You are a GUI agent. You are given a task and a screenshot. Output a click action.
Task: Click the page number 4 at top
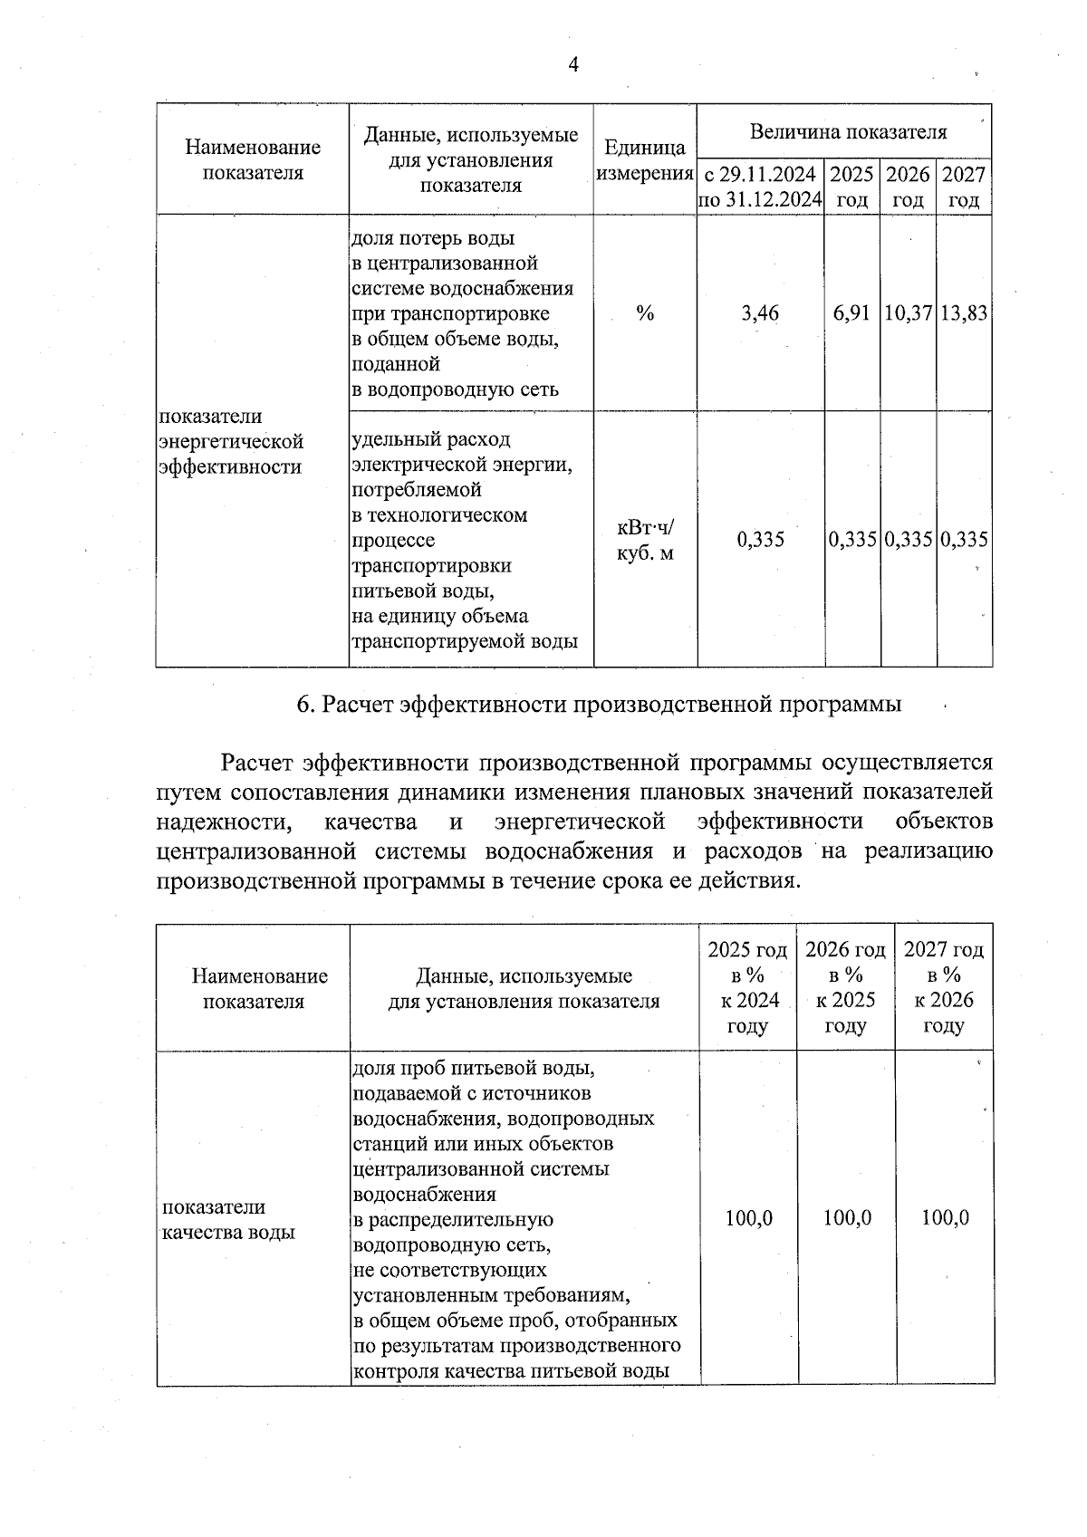click(572, 64)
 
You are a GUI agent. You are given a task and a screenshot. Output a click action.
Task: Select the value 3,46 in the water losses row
click(759, 313)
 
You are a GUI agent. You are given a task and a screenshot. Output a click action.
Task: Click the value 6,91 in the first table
click(851, 313)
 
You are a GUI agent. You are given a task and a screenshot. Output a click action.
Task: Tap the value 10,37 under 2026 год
click(908, 313)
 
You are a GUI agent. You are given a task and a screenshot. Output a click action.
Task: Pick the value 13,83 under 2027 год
click(964, 313)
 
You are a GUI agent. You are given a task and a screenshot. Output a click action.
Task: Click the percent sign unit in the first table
click(644, 313)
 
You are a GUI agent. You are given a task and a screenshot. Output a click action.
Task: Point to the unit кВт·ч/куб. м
click(645, 541)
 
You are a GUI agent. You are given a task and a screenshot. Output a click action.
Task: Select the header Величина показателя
click(848, 132)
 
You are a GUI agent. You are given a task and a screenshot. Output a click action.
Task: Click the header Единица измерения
click(645, 159)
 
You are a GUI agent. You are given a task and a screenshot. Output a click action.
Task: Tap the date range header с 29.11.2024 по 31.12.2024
click(760, 187)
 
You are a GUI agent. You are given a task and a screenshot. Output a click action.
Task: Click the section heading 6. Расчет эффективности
click(599, 705)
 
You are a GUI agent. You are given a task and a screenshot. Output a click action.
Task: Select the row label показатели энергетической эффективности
click(230, 442)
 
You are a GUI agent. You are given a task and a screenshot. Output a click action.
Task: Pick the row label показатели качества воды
click(227, 1220)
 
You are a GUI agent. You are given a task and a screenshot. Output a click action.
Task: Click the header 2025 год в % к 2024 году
click(747, 987)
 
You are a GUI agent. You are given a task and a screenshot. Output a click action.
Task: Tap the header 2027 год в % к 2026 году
click(943, 987)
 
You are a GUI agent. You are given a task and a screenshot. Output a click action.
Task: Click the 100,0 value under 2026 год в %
click(847, 1218)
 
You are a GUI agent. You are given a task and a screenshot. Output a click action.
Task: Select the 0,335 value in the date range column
click(760, 541)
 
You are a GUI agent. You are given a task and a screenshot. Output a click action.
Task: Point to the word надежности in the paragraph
click(223, 821)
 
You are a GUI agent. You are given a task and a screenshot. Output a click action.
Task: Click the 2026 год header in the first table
click(908, 187)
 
